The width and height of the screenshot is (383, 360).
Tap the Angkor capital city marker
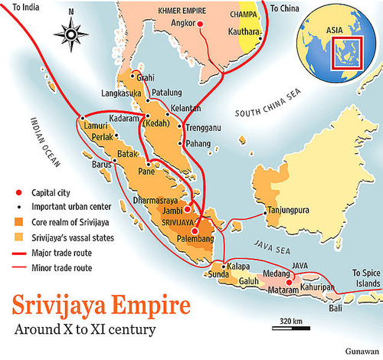click(x=201, y=25)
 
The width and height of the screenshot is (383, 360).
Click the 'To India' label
click(x=21, y=7)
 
